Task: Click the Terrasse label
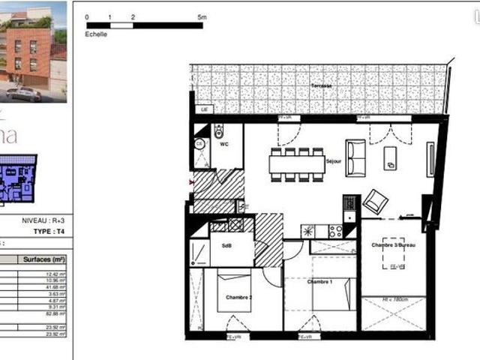coord(321,86)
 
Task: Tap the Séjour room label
coord(334,160)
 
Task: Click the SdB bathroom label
coord(226,244)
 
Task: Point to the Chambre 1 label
coord(319,281)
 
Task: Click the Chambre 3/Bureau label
coord(393,245)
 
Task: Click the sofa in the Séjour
coord(355,157)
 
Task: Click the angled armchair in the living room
coord(375,201)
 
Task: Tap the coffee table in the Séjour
coord(390,157)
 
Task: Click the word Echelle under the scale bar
coord(97,34)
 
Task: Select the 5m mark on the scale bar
coord(202,16)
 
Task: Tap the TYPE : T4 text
coord(51,232)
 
